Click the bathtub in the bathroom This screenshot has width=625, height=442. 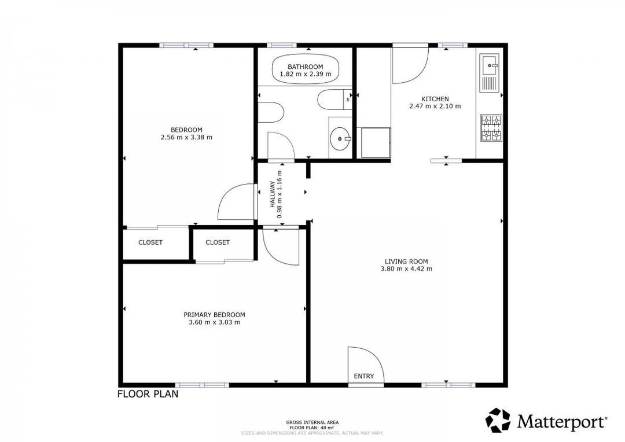point(306,70)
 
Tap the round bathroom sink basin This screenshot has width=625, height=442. point(340,139)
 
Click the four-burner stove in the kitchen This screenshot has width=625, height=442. point(491,128)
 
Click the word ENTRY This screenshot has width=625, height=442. point(364,376)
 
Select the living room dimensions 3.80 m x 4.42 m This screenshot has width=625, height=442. point(406,268)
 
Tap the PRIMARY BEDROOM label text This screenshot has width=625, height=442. point(214,315)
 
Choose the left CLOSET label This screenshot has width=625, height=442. point(150,242)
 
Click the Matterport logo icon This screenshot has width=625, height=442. point(498,421)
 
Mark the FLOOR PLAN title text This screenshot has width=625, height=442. point(148,395)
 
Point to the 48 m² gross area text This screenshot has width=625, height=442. point(312,428)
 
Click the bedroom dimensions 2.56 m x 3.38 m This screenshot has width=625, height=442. point(186,138)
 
